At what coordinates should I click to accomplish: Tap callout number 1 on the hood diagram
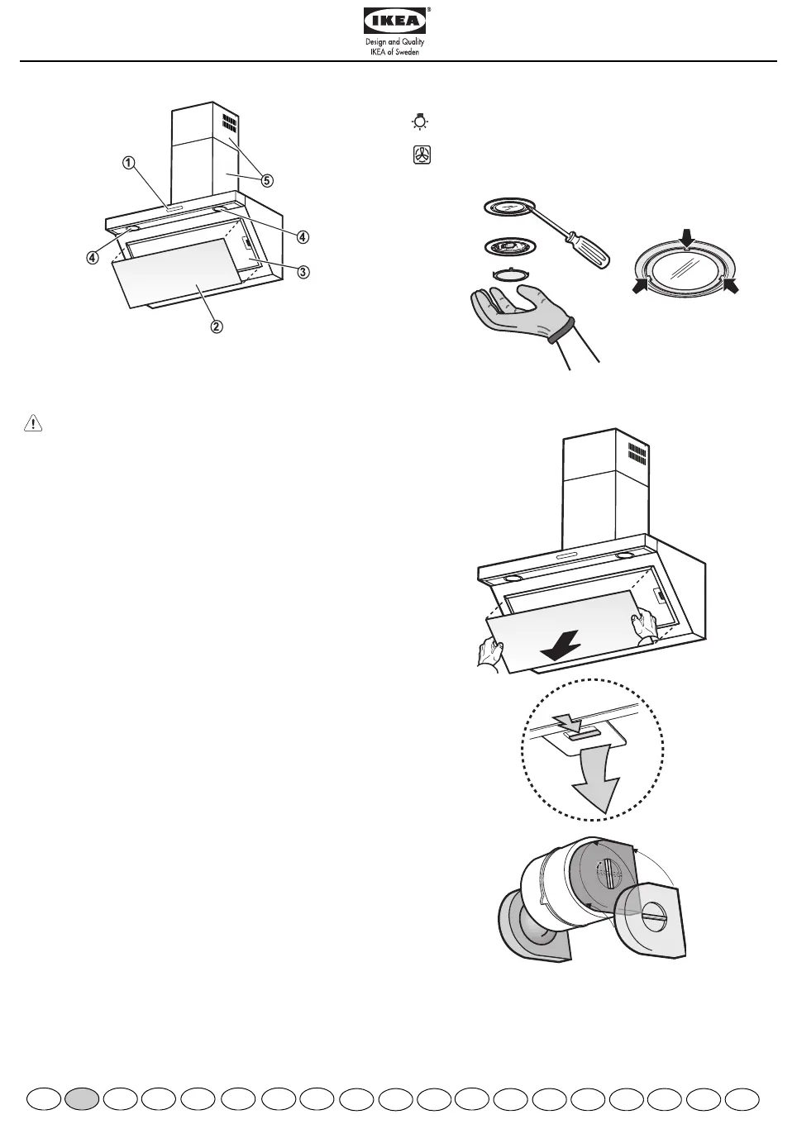pos(129,163)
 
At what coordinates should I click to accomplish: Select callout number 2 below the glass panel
pos(215,326)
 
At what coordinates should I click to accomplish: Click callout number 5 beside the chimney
pos(266,179)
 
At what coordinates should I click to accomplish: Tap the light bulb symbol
pos(421,123)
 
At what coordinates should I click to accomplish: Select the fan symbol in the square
pos(421,155)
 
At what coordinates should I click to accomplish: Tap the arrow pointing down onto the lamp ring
pos(685,237)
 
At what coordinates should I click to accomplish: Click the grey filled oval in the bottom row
pos(83,1099)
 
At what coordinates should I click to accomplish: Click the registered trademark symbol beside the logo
pos(429,10)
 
